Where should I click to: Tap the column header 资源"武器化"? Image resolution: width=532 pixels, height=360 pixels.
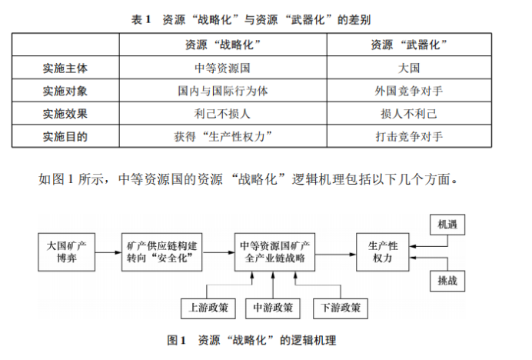(409, 45)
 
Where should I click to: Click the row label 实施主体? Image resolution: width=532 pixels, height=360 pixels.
(65, 68)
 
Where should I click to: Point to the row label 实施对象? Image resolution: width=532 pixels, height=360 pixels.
(65, 92)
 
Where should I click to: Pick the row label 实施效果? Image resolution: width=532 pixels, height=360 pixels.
(65, 114)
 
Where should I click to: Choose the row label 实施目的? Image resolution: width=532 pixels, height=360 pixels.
(65, 137)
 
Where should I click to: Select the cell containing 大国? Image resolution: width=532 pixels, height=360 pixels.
(409, 68)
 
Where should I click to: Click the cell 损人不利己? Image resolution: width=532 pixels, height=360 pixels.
(409, 114)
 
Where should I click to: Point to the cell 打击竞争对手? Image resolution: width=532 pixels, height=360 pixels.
(409, 137)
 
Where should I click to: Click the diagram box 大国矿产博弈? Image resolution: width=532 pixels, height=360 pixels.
(66, 252)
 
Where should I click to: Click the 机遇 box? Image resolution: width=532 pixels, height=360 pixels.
(447, 225)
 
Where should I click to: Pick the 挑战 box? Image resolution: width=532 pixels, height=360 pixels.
(447, 281)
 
